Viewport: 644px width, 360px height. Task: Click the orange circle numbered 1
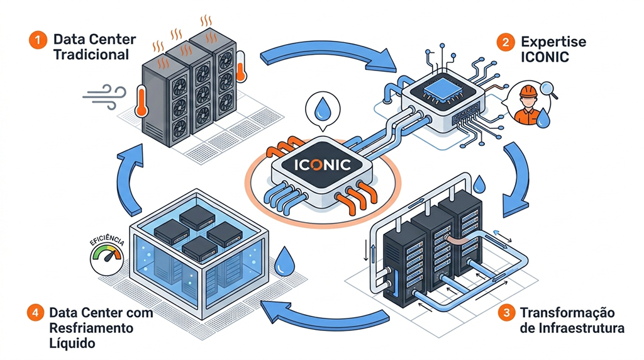pos(38,40)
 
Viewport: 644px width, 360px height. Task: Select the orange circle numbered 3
pos(504,313)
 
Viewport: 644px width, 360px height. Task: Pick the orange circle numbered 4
pos(36,313)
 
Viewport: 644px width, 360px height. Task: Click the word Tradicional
pos(91,55)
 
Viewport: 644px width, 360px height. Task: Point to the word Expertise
pos(553,42)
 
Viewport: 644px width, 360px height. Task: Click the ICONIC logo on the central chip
pos(323,166)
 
